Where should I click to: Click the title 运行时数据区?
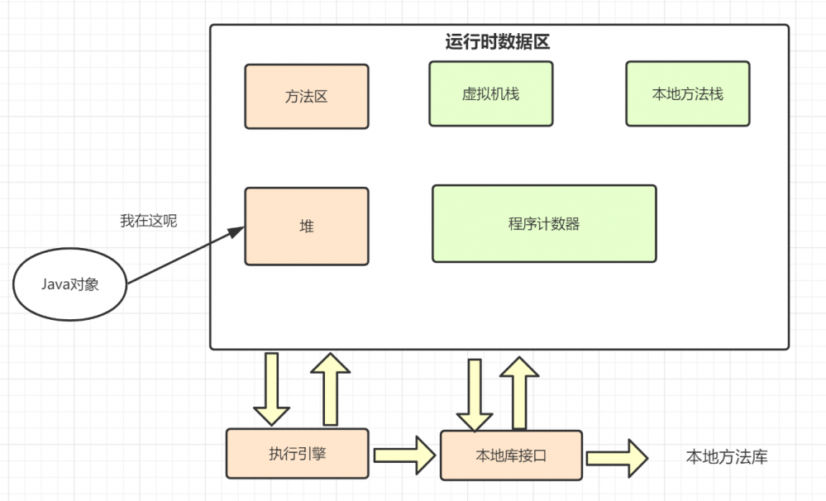(x=497, y=42)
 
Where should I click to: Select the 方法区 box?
(x=306, y=97)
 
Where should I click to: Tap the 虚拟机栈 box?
(x=490, y=93)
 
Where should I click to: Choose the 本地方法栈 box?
(x=687, y=93)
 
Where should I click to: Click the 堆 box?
(x=306, y=226)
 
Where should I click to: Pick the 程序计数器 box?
(x=543, y=223)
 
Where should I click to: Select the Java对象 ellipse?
(x=70, y=284)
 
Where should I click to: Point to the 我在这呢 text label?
(x=148, y=221)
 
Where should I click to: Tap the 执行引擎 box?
(x=297, y=453)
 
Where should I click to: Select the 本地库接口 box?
(x=510, y=456)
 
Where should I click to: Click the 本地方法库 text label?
(x=727, y=456)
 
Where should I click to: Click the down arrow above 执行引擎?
(x=271, y=389)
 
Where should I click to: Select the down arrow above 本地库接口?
(x=475, y=394)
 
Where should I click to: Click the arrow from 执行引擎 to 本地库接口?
(x=404, y=455)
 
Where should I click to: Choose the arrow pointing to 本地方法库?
(x=618, y=457)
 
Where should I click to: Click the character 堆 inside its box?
(x=306, y=226)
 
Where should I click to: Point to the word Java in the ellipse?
(x=56, y=284)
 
